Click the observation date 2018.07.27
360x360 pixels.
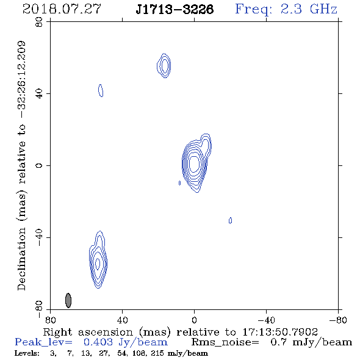click(x=62, y=9)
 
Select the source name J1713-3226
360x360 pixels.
click(x=175, y=9)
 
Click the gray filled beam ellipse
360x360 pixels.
click(x=68, y=300)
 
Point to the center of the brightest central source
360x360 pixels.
click(x=195, y=164)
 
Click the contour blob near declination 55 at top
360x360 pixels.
click(x=164, y=66)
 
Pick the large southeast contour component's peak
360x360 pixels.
click(x=98, y=264)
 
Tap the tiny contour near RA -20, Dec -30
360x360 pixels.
click(x=230, y=220)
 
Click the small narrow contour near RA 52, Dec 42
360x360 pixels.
click(x=101, y=90)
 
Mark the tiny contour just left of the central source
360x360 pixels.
click(x=179, y=183)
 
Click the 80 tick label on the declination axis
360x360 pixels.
click(x=39, y=22)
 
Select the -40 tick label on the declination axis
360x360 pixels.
click(x=39, y=237)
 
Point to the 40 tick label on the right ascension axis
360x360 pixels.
click(x=123, y=320)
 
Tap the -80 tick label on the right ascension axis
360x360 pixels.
click(x=338, y=320)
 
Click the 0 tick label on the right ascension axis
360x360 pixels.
click(x=194, y=320)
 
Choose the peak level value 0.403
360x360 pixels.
click(x=98, y=342)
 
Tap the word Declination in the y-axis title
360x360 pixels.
click(x=21, y=259)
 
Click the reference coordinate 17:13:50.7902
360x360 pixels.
click(x=280, y=332)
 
